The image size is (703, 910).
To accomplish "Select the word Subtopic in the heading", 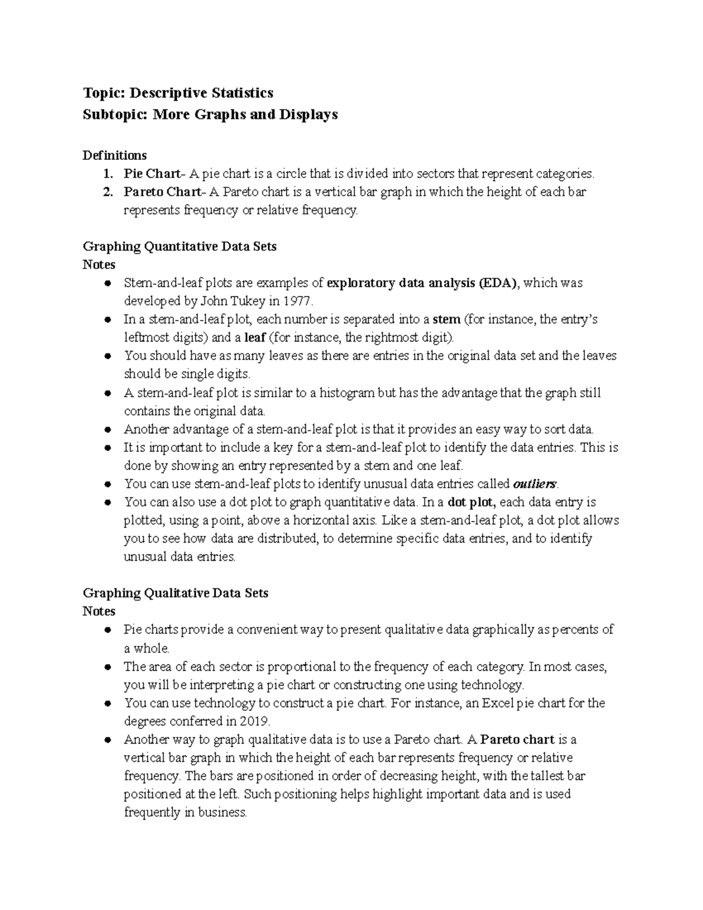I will [x=115, y=114].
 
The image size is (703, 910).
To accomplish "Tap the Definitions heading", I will [x=114, y=155].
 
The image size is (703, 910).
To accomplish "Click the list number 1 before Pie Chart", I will [x=106, y=174].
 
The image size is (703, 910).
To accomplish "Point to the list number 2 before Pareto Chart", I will [x=106, y=192].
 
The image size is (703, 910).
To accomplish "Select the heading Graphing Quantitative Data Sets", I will [x=179, y=247].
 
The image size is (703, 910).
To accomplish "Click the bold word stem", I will [x=446, y=320].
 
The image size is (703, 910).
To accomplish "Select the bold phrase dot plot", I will [x=471, y=503].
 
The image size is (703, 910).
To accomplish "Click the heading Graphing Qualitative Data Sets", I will [x=175, y=593].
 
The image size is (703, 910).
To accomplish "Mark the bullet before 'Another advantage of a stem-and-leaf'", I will [x=107, y=430].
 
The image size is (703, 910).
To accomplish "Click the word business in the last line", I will [x=223, y=813].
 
